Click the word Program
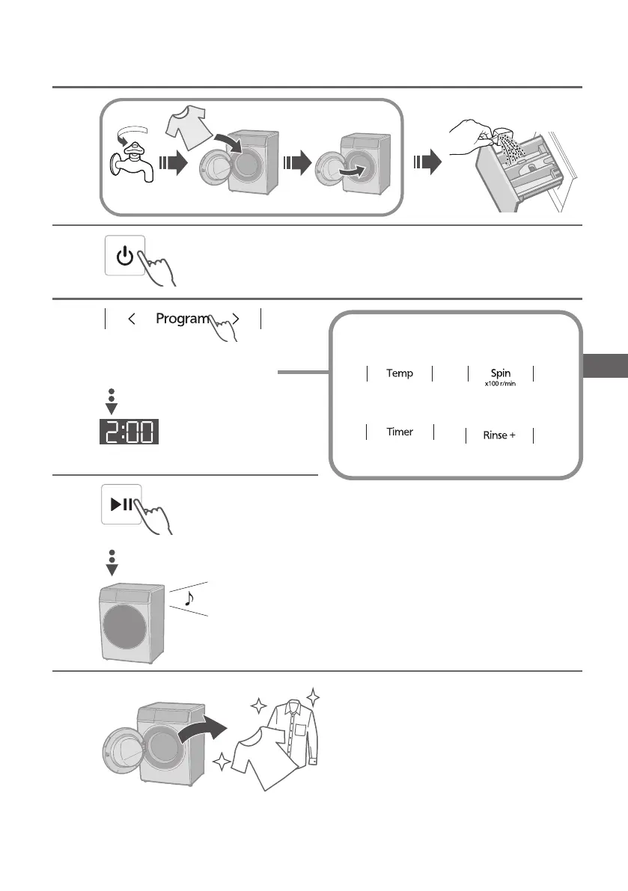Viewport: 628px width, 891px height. coord(181,318)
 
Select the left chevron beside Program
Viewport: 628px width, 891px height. coord(132,319)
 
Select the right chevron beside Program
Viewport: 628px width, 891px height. coord(236,319)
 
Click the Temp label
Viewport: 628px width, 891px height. coord(400,373)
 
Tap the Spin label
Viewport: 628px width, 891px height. coord(500,372)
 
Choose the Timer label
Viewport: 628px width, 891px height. coord(400,432)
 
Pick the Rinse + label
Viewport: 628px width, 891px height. coord(499,435)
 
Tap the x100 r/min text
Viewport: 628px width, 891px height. coord(500,383)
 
